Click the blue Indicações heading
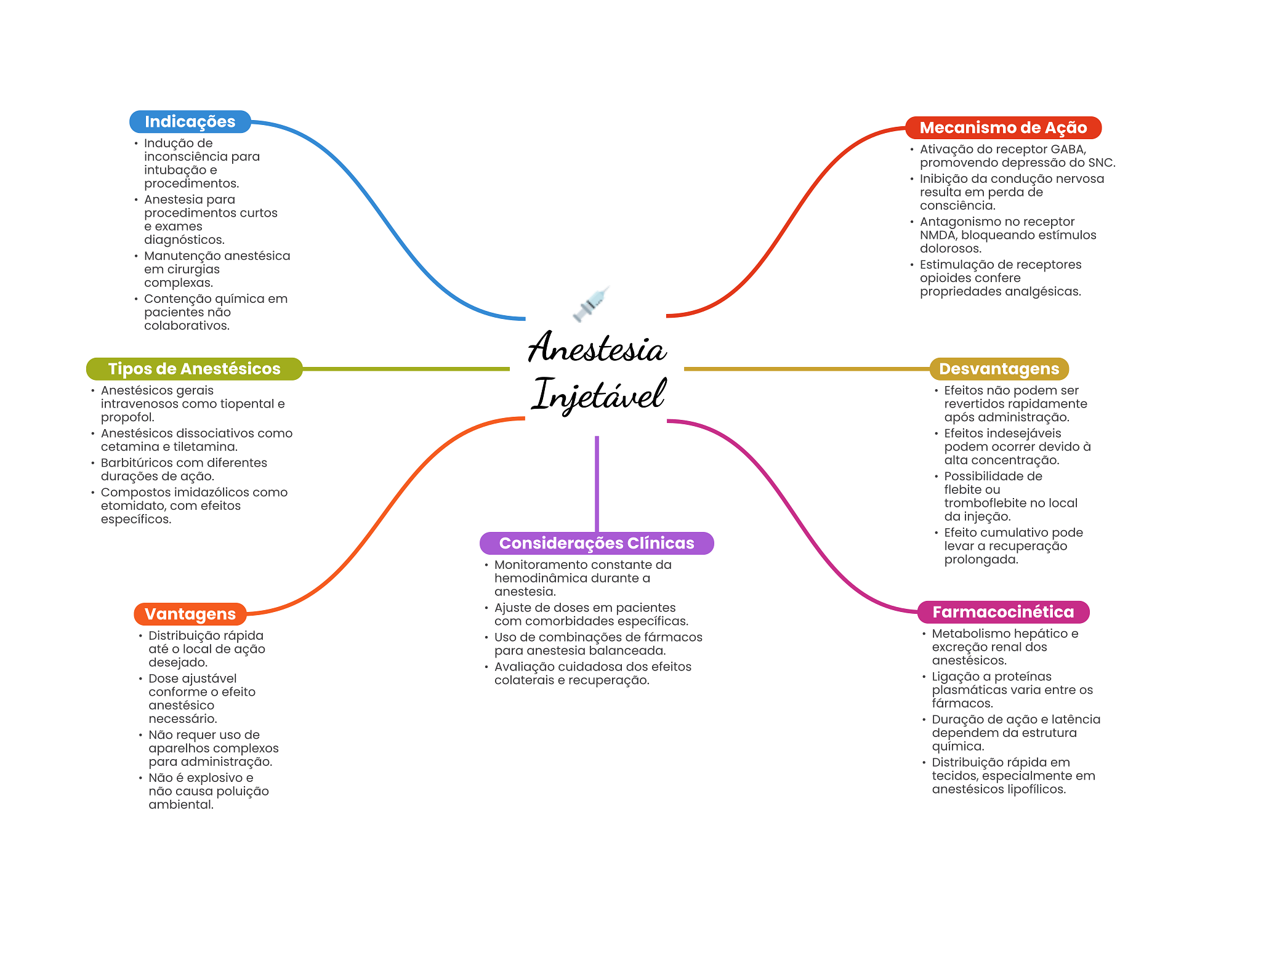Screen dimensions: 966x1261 [x=190, y=122]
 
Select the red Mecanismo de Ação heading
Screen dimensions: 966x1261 [x=1003, y=128]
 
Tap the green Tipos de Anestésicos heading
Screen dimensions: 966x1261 [x=194, y=369]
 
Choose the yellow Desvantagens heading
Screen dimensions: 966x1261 [x=999, y=369]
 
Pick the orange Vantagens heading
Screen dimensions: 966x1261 [x=190, y=614]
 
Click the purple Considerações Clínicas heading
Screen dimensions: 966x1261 [x=596, y=543]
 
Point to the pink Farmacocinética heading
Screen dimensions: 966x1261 [x=1003, y=612]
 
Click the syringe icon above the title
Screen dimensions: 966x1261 [x=591, y=304]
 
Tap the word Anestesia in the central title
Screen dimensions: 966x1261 [x=597, y=348]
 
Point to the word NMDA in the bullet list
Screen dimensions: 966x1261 [x=937, y=235]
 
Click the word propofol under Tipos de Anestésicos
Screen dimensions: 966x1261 [x=127, y=417]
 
